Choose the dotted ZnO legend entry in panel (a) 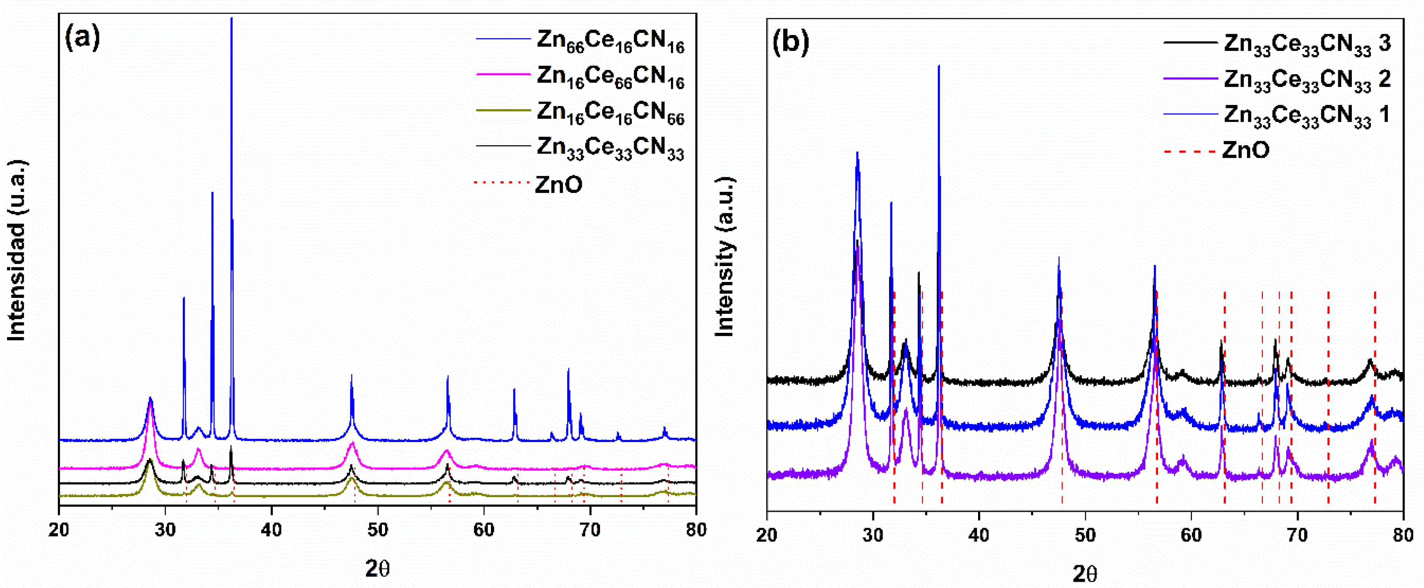point(558,184)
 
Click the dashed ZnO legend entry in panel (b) point(1245,150)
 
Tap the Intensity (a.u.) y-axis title point(724,257)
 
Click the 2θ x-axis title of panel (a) point(378,568)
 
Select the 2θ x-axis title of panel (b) point(1084,574)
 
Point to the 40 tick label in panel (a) point(271,529)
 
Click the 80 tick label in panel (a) point(696,529)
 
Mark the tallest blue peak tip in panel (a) point(232,18)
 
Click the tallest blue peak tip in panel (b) point(938,66)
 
